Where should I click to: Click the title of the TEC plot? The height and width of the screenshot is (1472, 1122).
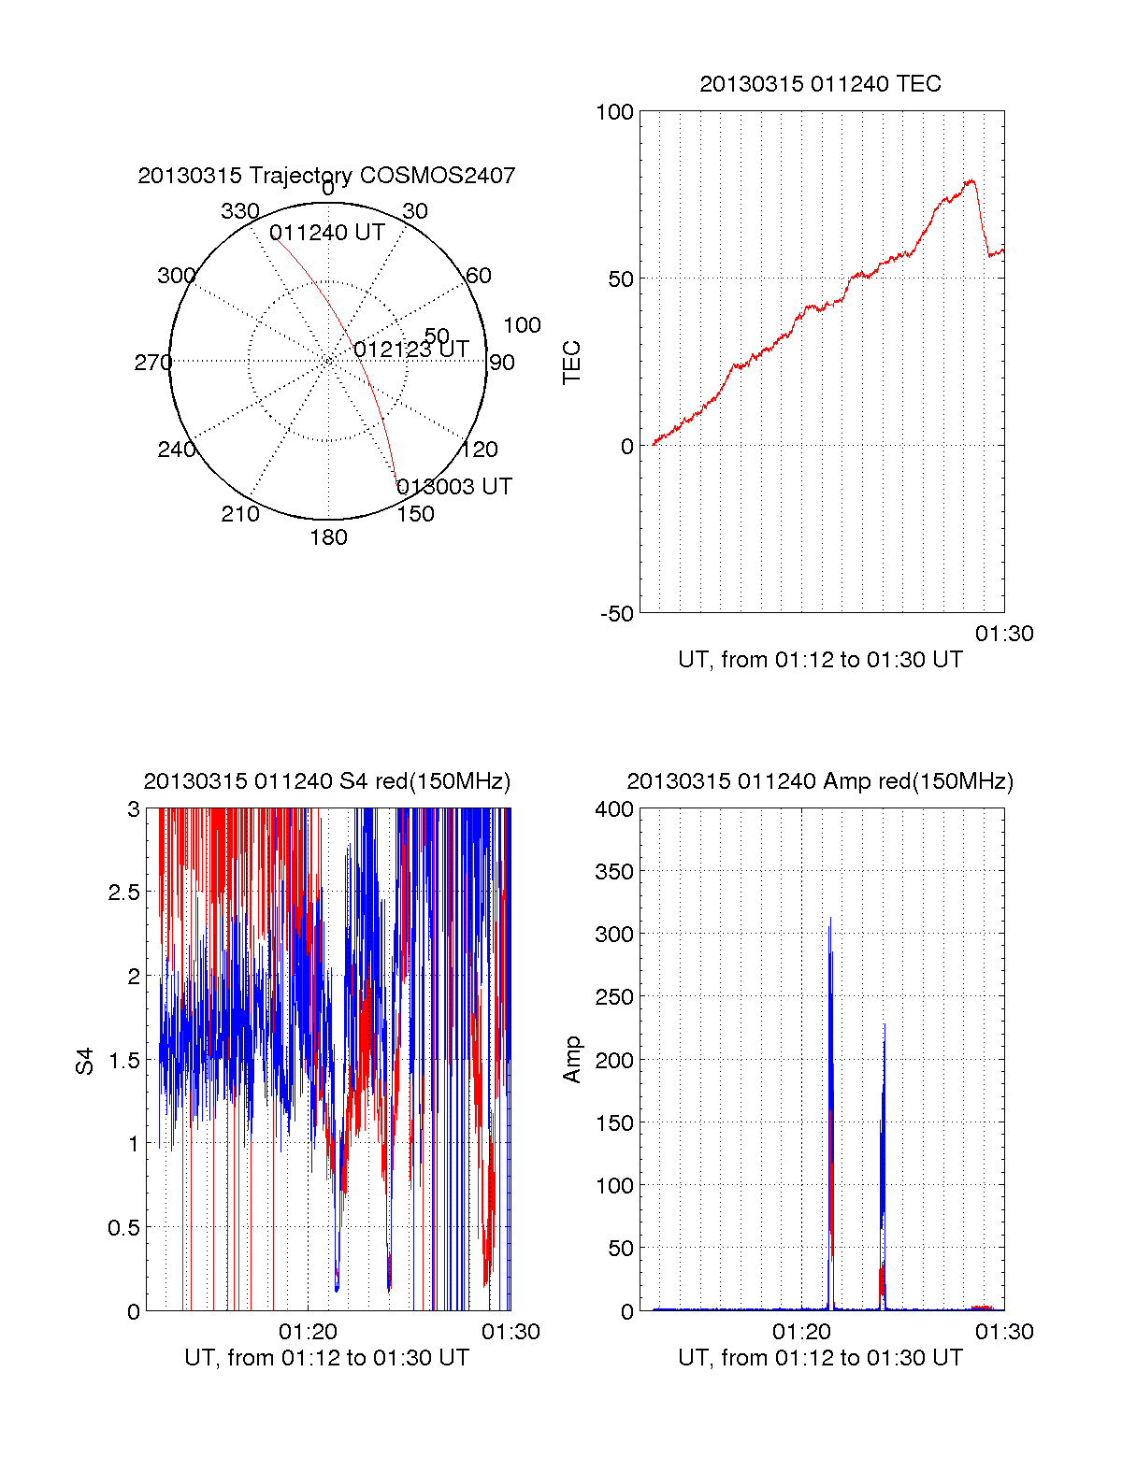tap(820, 84)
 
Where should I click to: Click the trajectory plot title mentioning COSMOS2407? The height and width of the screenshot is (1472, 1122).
tap(326, 176)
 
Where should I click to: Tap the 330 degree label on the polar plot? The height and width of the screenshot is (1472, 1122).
tap(239, 211)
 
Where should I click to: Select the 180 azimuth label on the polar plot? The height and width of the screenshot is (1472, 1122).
tap(328, 537)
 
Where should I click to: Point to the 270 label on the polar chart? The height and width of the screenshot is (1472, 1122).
tap(152, 363)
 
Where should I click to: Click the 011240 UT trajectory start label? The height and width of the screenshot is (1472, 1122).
tap(327, 233)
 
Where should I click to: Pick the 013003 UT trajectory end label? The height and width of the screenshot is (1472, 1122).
tap(454, 487)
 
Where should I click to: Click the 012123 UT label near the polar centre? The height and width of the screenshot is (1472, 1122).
tap(411, 350)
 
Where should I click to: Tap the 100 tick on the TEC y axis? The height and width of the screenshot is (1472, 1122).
tap(614, 112)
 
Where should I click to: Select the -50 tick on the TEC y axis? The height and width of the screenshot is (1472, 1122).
tap(617, 614)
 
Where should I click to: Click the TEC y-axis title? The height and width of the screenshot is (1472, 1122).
tap(571, 363)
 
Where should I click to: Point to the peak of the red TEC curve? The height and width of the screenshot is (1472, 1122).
tap(971, 180)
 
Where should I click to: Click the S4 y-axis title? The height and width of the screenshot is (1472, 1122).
tap(85, 1061)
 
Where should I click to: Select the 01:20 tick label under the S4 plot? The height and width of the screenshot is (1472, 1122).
tap(308, 1332)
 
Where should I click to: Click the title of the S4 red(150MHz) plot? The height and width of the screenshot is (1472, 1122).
tap(326, 781)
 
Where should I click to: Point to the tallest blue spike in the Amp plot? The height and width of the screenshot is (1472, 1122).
tap(830, 919)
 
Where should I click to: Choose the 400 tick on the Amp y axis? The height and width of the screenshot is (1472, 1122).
tap(614, 809)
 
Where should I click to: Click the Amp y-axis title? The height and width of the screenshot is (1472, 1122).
tap(571, 1060)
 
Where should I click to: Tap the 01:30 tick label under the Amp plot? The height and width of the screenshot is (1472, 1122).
tap(1004, 1332)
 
